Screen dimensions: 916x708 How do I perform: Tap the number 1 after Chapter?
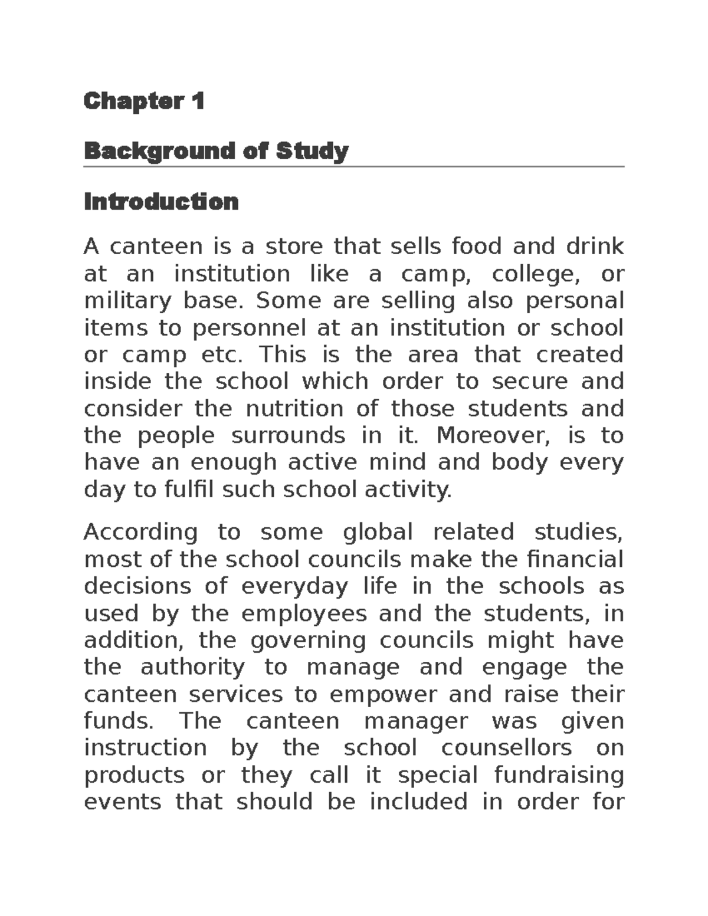coord(198,101)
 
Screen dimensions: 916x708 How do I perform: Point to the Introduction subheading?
coord(161,202)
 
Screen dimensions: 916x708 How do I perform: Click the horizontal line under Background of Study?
coord(354,167)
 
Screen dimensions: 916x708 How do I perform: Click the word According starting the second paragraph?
coord(140,532)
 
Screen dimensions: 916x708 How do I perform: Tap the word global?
coord(378,532)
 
